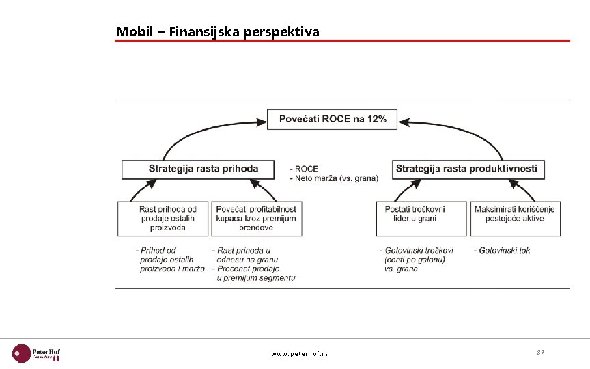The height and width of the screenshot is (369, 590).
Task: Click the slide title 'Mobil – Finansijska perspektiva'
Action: (x=217, y=31)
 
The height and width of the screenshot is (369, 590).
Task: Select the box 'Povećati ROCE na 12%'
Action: (x=333, y=119)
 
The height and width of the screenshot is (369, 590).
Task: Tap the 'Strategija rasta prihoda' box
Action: (x=199, y=169)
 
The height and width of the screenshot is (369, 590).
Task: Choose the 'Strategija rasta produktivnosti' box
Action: (x=468, y=169)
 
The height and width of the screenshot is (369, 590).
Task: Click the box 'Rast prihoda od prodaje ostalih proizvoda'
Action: (x=163, y=218)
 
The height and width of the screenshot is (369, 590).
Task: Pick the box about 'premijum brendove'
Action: (x=257, y=218)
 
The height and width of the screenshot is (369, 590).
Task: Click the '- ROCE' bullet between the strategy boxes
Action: (x=305, y=169)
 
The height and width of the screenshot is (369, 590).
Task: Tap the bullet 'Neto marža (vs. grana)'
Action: (x=335, y=178)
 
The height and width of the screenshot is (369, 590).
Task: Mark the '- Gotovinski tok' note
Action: (x=502, y=250)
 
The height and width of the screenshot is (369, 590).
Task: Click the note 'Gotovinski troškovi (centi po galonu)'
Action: (x=417, y=255)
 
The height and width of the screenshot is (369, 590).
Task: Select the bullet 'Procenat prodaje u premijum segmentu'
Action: (x=254, y=273)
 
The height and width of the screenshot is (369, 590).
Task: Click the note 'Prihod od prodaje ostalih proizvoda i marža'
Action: (x=170, y=260)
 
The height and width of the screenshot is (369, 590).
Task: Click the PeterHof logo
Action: (x=37, y=353)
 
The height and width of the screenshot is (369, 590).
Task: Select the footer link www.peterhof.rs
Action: (x=299, y=354)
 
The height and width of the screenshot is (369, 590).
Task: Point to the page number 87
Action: (x=540, y=352)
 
